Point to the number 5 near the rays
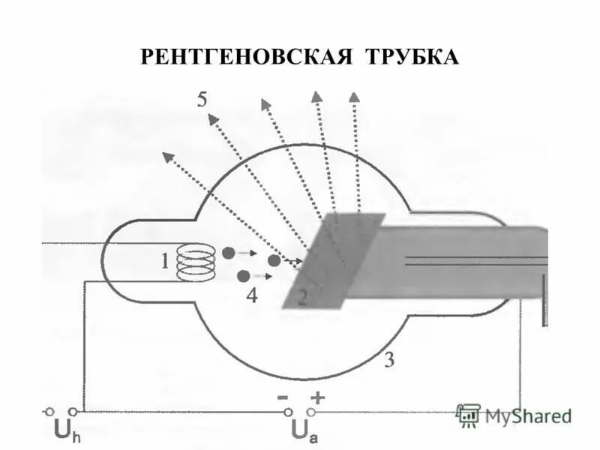(x=202, y=100)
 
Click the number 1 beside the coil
(x=163, y=262)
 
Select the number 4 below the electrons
(x=251, y=295)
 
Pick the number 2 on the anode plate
(x=302, y=298)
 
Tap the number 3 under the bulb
(x=389, y=360)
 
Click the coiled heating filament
(x=195, y=262)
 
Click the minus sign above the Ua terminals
(x=286, y=397)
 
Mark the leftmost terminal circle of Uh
(x=49, y=411)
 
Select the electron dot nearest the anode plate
(x=274, y=260)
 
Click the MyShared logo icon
(x=468, y=414)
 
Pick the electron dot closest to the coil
(x=228, y=253)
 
